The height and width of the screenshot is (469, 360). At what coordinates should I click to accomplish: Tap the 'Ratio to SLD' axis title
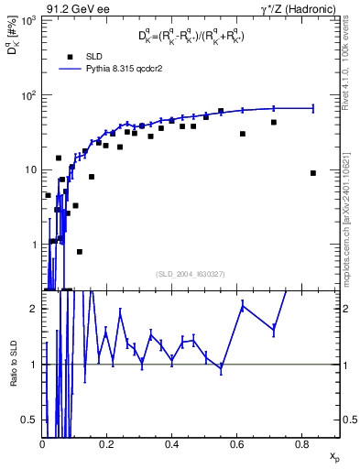[12, 376]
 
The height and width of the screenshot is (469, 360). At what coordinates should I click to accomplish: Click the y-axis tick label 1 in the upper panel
[34, 245]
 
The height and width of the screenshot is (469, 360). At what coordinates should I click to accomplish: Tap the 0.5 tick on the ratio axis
[31, 420]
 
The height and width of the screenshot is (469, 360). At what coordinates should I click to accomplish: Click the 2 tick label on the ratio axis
[35, 309]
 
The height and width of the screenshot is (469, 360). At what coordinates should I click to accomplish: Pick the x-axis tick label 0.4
[171, 442]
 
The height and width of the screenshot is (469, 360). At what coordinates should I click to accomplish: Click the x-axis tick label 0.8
[300, 442]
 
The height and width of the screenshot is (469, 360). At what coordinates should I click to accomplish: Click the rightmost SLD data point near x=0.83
[313, 173]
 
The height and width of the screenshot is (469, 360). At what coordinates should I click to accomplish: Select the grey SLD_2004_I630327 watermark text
[191, 273]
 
